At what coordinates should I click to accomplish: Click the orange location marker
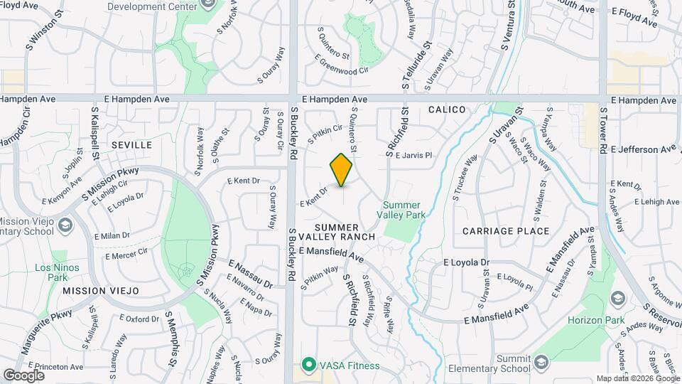[341, 170]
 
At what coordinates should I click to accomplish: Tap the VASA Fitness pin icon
[308, 366]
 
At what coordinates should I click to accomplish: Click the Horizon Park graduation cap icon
[617, 297]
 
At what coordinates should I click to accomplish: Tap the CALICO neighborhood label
[447, 110]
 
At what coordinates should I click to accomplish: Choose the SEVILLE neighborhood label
[131, 145]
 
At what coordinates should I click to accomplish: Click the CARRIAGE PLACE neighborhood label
[506, 231]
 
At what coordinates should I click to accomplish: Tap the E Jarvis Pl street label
[413, 155]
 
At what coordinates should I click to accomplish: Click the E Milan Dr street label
[116, 235]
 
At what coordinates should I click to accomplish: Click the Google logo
[24, 375]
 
